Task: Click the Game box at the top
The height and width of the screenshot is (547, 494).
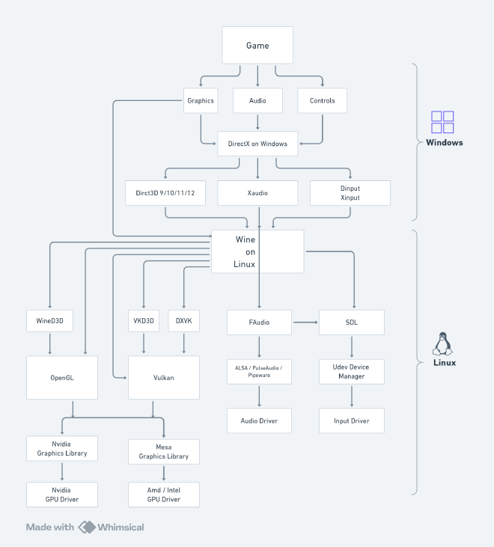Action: click(257, 45)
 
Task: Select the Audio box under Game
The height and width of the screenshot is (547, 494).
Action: click(257, 100)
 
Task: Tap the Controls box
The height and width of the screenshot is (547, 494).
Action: click(322, 100)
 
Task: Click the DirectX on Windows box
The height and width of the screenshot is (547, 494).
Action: click(257, 144)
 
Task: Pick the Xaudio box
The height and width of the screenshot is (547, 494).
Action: click(257, 193)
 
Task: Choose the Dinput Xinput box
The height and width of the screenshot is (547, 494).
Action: click(350, 193)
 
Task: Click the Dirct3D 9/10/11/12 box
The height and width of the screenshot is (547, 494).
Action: click(165, 193)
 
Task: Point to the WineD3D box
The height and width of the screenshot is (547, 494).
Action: click(49, 320)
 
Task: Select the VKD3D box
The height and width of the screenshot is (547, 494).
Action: click(144, 320)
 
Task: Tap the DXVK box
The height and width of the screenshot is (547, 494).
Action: click(184, 320)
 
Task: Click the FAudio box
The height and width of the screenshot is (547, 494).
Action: click(259, 323)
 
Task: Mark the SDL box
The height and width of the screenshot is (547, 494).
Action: click(352, 323)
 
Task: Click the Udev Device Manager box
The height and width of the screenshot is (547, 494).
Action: click(352, 372)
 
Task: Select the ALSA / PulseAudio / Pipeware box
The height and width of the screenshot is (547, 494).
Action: click(259, 372)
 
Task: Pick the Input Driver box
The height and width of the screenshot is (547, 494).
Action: click(352, 421)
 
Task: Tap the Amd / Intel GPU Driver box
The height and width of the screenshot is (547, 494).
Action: click(164, 495)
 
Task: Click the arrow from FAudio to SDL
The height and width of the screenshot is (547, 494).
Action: click(305, 323)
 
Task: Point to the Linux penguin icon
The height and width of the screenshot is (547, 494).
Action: click(442, 343)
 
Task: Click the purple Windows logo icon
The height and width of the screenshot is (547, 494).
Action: click(442, 122)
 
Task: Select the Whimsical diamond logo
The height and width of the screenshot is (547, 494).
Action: click(87, 527)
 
